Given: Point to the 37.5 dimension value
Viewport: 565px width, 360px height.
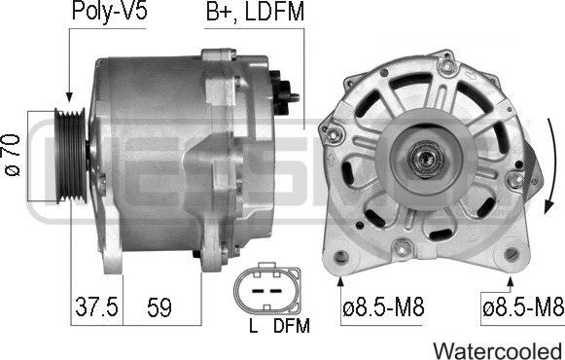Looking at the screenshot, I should [96, 308].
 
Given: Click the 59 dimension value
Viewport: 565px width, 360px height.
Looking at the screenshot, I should [158, 308].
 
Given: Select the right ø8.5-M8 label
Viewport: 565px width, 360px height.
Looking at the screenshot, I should [523, 308].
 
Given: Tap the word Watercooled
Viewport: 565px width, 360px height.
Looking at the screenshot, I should [496, 348].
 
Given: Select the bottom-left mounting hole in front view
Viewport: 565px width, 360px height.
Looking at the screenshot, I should [341, 258].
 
